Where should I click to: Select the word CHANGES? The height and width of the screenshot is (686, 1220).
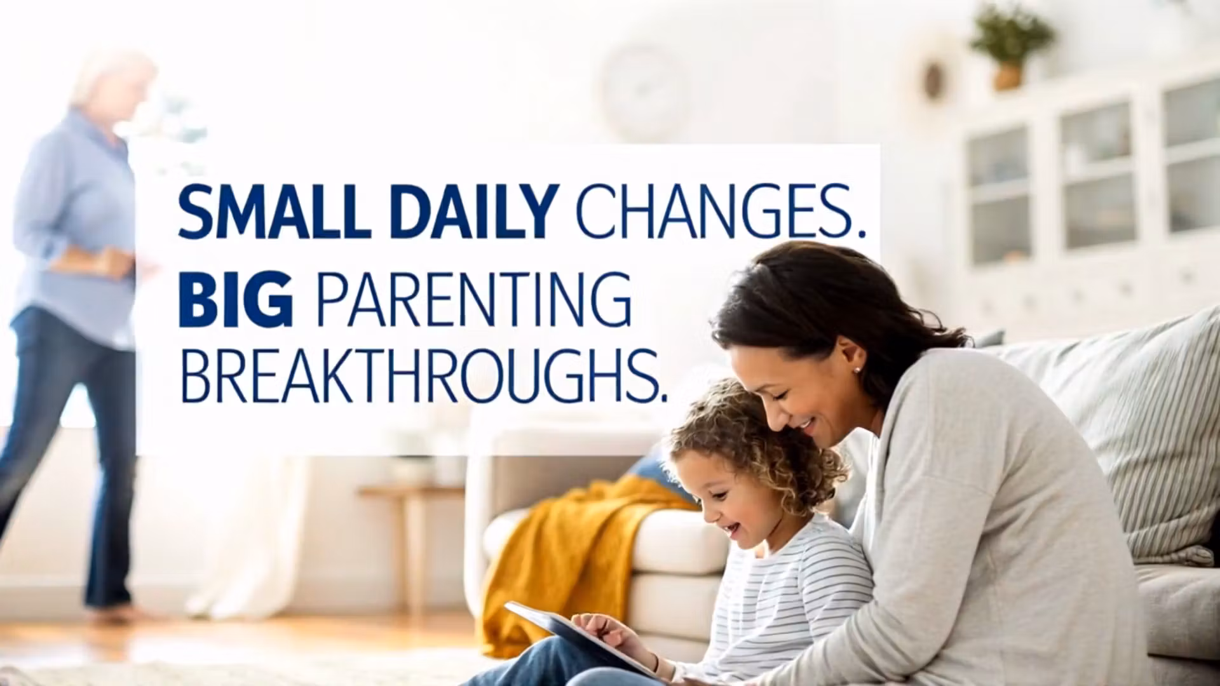pyautogui.click(x=719, y=212)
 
